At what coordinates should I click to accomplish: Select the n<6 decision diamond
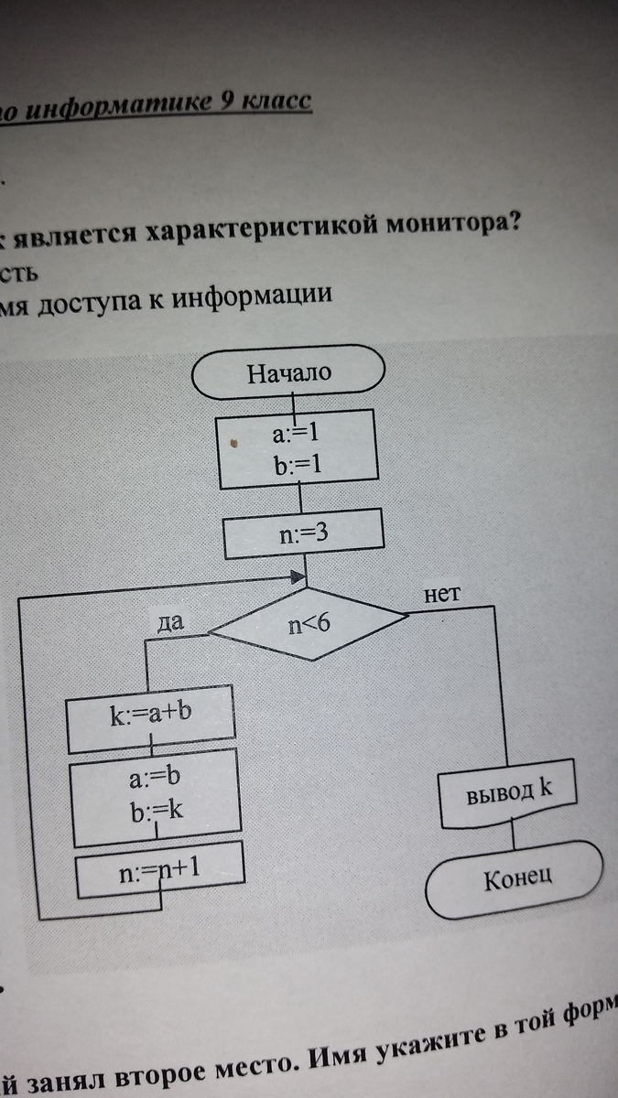(x=308, y=626)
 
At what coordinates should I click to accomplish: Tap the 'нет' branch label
(x=441, y=592)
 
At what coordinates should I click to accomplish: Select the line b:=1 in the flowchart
(x=295, y=466)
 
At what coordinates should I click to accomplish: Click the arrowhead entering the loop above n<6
(x=297, y=577)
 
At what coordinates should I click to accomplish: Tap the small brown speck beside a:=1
(x=233, y=444)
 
